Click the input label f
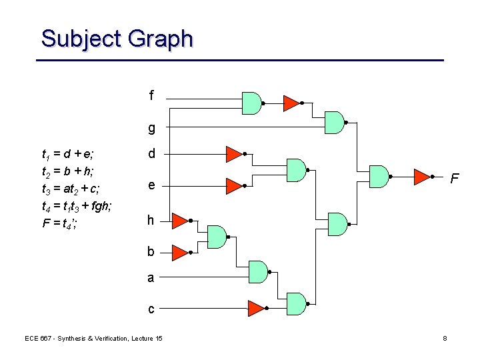pyautogui.click(x=151, y=96)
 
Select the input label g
pyautogui.click(x=151, y=128)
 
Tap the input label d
pyautogui.click(x=152, y=154)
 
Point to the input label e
pyautogui.click(x=152, y=185)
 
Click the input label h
pyautogui.click(x=151, y=220)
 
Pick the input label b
pyautogui.click(x=151, y=252)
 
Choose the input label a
pyautogui.click(x=151, y=278)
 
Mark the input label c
pyautogui.click(x=151, y=309)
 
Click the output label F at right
pyautogui.click(x=455, y=179)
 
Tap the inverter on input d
pyautogui.click(x=233, y=154)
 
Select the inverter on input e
pyautogui.click(x=233, y=185)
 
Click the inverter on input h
pyautogui.click(x=179, y=220)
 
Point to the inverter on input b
pyautogui.click(x=179, y=252)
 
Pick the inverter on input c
pyautogui.click(x=255, y=308)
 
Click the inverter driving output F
pyautogui.click(x=421, y=177)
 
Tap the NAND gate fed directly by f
pyautogui.click(x=251, y=103)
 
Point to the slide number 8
pyautogui.click(x=445, y=339)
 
